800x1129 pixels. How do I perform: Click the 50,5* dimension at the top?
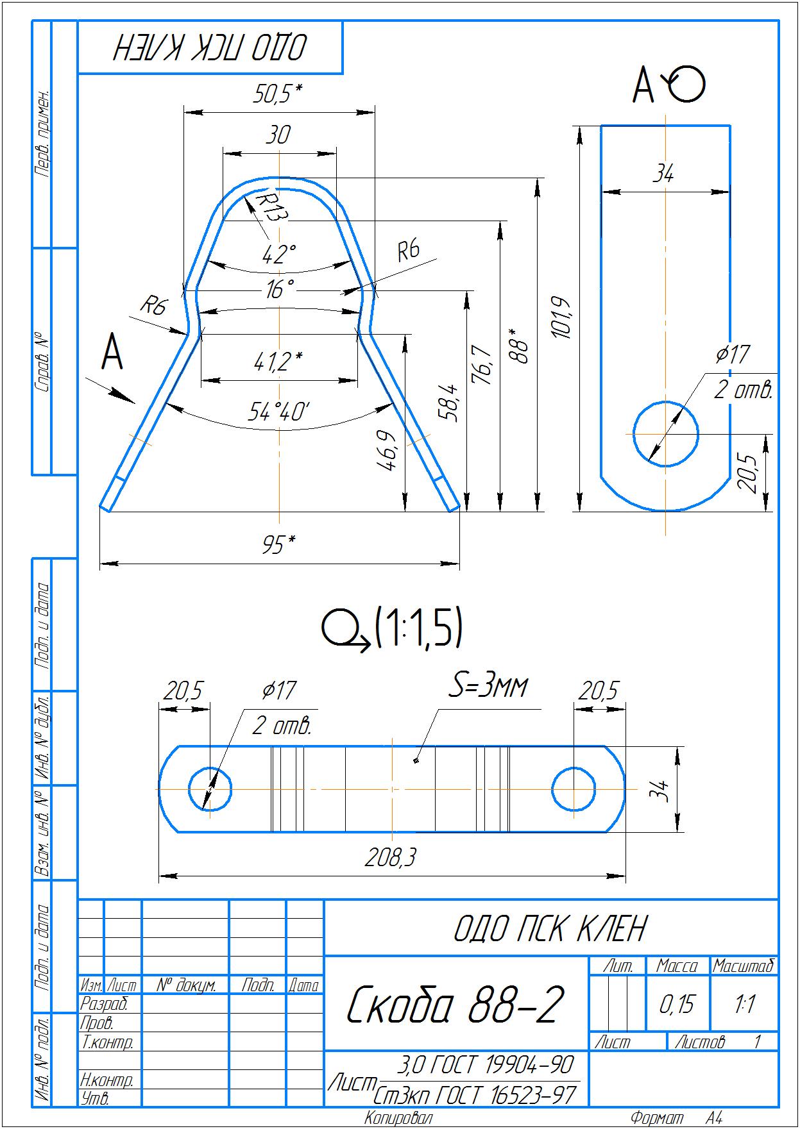pyautogui.click(x=277, y=94)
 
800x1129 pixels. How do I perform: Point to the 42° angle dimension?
pyautogui.click(x=279, y=255)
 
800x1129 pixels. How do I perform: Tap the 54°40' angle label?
pyautogui.click(x=279, y=412)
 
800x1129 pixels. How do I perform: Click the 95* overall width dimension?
pyautogui.click(x=278, y=545)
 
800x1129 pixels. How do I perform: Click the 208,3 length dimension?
pyautogui.click(x=391, y=857)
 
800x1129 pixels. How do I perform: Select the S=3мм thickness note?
pyautogui.click(x=488, y=687)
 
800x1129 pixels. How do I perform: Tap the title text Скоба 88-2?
pyautogui.click(x=455, y=1004)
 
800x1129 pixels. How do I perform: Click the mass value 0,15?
pyautogui.click(x=677, y=1004)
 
